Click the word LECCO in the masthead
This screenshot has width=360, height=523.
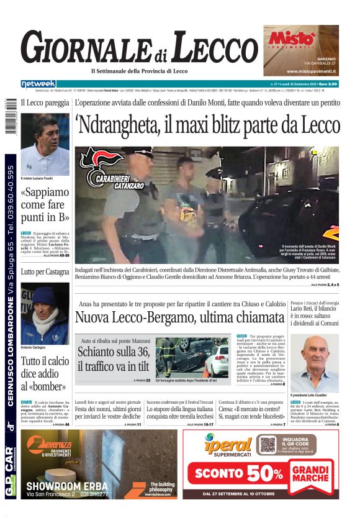(214, 49)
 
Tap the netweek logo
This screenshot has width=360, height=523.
(38, 84)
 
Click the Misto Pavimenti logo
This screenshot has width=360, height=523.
(292, 39)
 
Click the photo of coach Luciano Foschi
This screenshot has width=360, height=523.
(45, 144)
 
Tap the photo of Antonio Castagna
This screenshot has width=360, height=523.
(45, 314)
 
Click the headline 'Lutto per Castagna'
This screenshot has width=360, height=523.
(45, 272)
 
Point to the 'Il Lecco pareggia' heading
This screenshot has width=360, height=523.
(45, 103)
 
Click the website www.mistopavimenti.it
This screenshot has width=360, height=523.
(311, 71)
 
